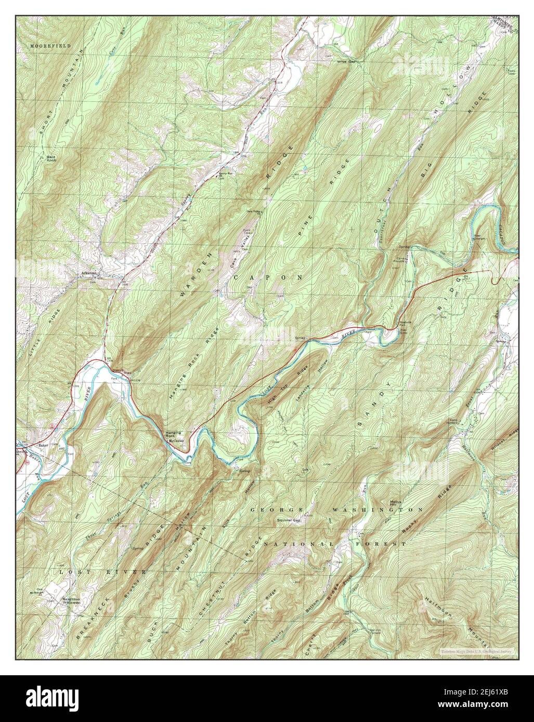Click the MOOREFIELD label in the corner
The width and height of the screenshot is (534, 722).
coord(43,46)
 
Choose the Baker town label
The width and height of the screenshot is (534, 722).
coord(43,446)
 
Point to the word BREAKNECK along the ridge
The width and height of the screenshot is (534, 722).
coord(87,603)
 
